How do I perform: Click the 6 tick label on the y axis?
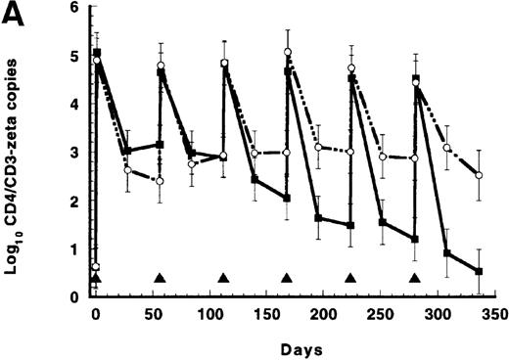click(x=70, y=8)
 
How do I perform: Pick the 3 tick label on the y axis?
click(x=70, y=153)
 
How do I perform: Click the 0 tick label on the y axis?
click(x=70, y=296)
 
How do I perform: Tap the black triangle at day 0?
click(x=96, y=279)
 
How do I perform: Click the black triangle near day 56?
click(x=160, y=279)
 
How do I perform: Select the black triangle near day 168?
click(x=287, y=279)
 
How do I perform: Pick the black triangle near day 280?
click(x=414, y=279)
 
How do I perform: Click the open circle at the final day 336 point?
click(x=479, y=175)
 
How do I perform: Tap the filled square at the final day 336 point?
click(x=479, y=271)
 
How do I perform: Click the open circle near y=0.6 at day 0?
click(x=95, y=267)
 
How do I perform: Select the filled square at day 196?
click(x=319, y=218)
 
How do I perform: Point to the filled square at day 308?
click(x=446, y=253)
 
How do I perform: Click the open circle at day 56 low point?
click(x=160, y=181)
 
